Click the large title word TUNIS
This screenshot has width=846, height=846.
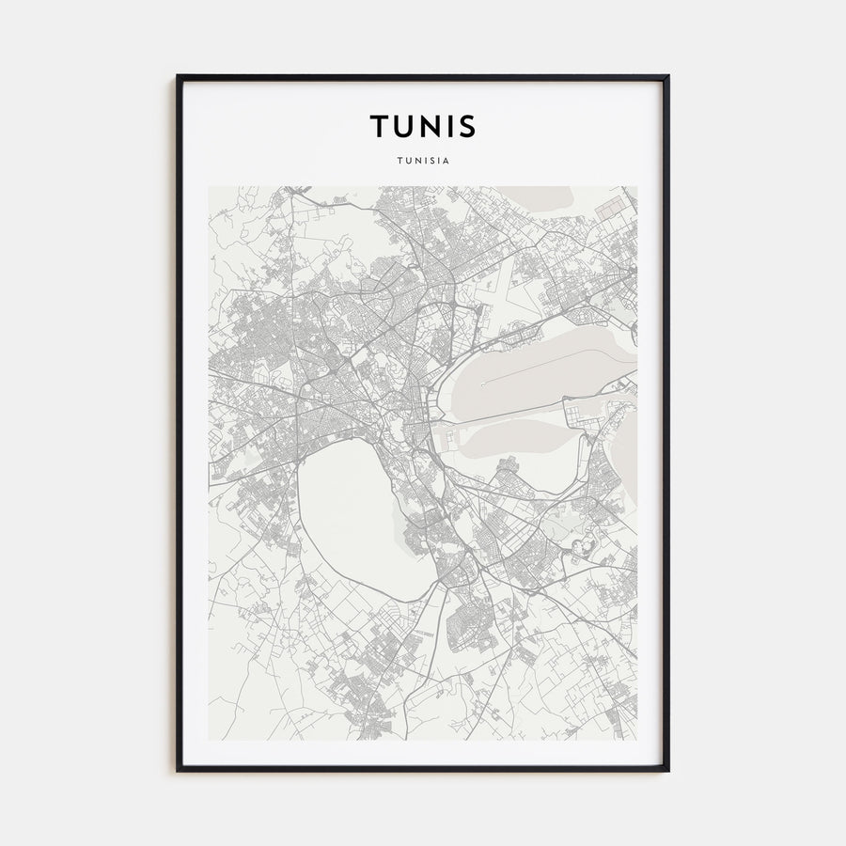click(423, 126)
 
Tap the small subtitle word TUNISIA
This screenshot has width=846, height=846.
click(423, 160)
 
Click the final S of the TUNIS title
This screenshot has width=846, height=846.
click(468, 126)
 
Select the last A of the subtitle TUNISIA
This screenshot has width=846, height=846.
click(447, 160)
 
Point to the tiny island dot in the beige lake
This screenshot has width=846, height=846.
click(482, 384)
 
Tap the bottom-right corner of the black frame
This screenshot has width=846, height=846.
click(667, 770)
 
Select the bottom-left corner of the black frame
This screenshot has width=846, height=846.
click(178, 770)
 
